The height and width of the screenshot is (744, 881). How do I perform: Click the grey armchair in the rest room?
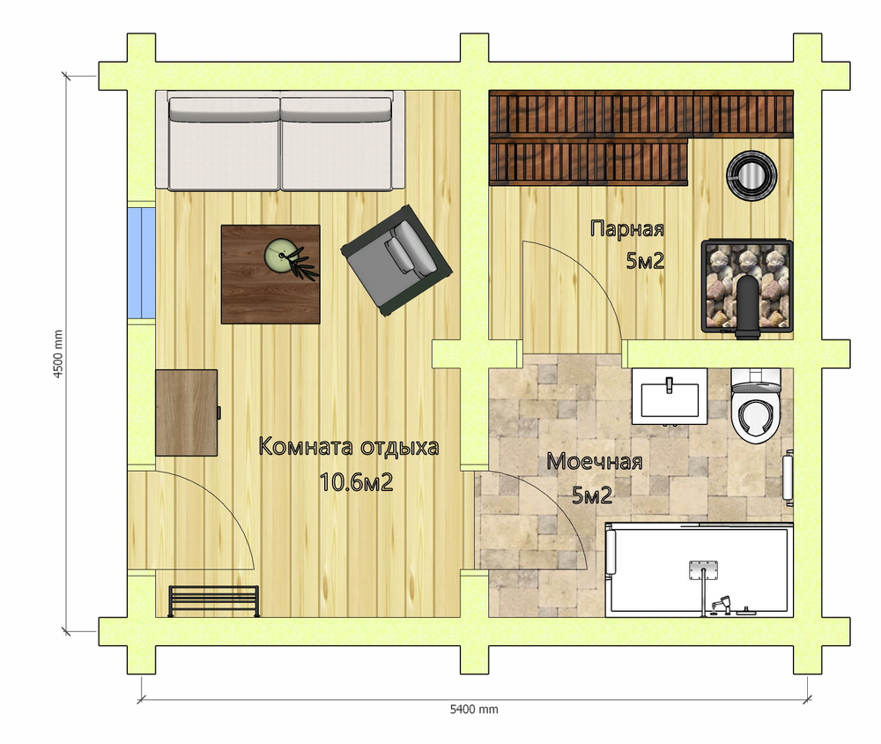tap(396, 260)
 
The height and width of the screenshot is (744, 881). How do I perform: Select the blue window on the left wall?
tap(141, 264)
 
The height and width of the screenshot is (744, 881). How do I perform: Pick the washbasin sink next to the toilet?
tap(670, 396)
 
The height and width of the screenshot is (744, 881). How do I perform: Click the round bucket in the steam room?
tap(751, 175)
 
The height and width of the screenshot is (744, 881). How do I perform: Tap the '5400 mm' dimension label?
tap(474, 709)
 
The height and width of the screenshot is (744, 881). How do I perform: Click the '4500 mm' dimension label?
tap(58, 354)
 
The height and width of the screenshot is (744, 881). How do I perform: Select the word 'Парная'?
tap(627, 229)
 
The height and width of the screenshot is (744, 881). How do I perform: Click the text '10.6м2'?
tap(356, 482)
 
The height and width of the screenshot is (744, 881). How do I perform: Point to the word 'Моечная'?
tap(595, 462)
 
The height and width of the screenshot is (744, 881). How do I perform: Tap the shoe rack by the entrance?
tap(214, 601)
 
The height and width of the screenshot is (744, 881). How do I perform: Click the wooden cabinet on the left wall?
tap(187, 413)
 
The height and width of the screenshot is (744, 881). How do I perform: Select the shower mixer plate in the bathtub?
tap(703, 569)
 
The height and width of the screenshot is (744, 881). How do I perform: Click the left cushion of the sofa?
tap(224, 144)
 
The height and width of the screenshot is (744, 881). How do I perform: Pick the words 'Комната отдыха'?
tap(348, 447)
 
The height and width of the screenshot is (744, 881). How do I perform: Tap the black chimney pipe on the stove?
tap(748, 308)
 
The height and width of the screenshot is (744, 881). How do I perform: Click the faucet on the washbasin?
tap(670, 385)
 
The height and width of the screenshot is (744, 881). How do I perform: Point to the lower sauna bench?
tap(589, 162)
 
